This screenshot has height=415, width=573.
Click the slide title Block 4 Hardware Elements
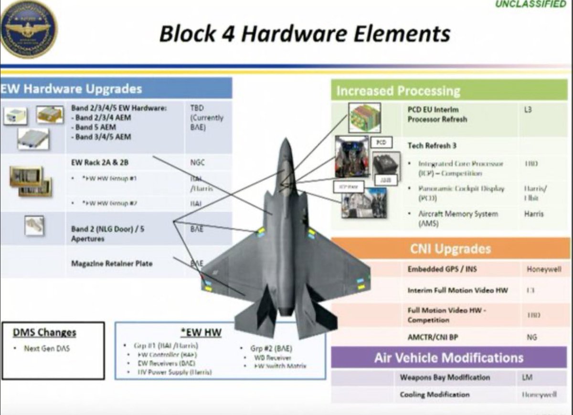pos(304,34)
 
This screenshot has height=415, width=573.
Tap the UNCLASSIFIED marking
pos(530,5)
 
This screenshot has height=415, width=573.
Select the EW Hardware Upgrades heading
pos(72,89)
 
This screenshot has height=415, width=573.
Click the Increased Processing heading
pos(398,91)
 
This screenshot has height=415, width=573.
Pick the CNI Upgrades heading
pos(450,249)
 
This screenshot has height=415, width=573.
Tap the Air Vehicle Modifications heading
pos(449,358)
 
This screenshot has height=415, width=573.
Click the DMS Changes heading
pos(44,332)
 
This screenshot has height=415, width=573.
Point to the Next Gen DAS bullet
pos(46,349)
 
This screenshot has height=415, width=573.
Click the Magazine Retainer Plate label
pos(112,263)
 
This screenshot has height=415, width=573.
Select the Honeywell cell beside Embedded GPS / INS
pos(544,269)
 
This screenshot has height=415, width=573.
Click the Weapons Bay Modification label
pos(445,377)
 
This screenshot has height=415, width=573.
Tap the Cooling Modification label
pos(435,394)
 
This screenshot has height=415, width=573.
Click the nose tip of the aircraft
pos(285,141)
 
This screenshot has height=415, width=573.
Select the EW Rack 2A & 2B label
pos(99,162)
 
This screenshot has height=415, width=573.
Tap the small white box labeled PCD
pos(381,142)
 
